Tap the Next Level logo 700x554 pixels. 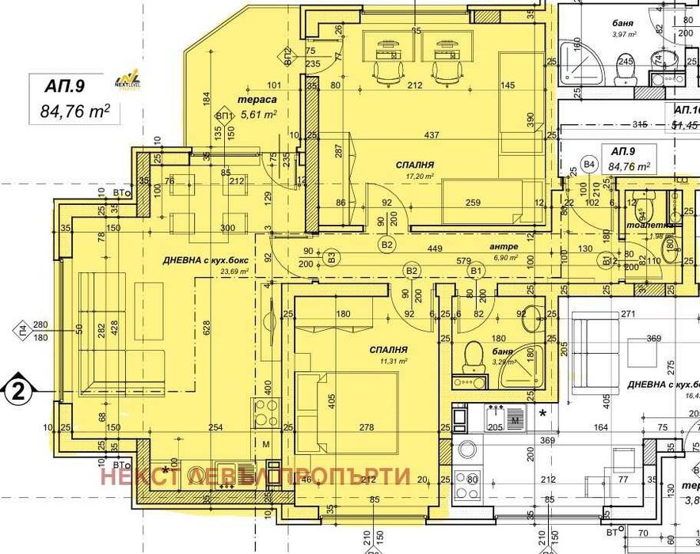pyautogui.click(x=127, y=78)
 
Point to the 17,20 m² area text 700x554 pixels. pyautogui.click(x=417, y=176)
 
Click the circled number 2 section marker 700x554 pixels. pyautogui.click(x=17, y=389)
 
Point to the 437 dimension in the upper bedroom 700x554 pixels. pyautogui.click(x=432, y=135)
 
